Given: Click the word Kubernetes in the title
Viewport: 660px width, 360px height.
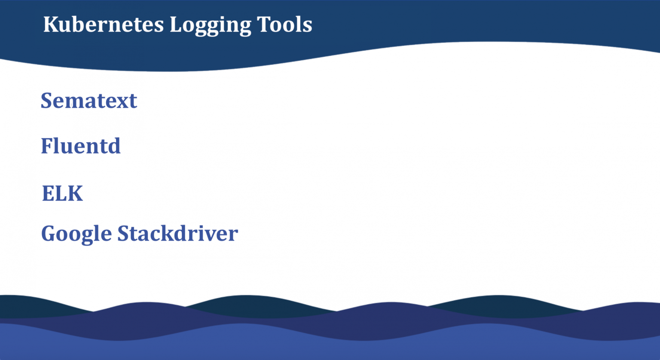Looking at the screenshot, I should tap(104, 24).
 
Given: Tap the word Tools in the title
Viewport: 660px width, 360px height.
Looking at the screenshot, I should tap(284, 24).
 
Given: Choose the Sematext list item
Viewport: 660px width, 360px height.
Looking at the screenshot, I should tap(89, 101).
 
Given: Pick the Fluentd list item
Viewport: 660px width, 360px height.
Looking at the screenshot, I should tap(81, 146).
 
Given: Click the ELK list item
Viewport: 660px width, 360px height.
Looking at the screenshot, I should tap(62, 193).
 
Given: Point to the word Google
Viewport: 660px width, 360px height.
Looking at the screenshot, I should tap(76, 234).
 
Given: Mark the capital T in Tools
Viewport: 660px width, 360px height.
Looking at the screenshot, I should tap(264, 24).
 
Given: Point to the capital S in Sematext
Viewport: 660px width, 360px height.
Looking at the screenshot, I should tap(46, 101).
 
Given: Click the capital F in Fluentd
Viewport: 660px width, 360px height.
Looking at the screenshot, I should tap(46, 146).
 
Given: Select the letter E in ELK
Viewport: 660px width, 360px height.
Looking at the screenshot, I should tap(48, 193).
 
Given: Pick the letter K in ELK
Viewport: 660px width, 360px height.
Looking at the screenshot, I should tap(75, 193).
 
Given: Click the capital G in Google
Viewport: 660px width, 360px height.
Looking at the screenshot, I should tap(49, 234).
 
